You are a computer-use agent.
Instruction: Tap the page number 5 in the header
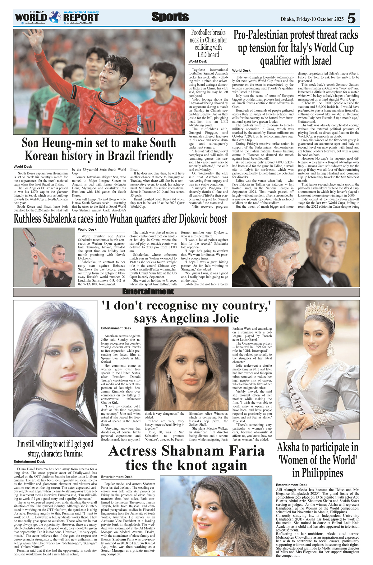click(351, 19)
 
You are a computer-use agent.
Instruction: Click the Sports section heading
click(170, 17)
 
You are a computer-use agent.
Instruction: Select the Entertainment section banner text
click(148, 292)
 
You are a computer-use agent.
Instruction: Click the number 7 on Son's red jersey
click(94, 114)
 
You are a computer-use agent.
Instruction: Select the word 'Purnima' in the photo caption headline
click(73, 454)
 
